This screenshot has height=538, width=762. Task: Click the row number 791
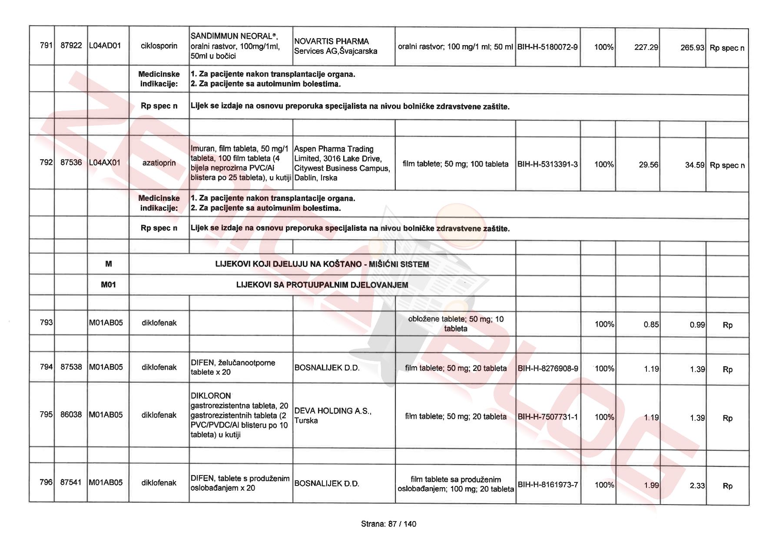tap(46, 46)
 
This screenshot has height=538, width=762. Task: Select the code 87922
tap(71, 46)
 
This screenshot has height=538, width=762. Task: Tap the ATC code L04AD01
tap(105, 46)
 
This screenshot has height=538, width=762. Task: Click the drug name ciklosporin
tap(159, 46)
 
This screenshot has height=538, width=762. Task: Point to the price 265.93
tap(692, 48)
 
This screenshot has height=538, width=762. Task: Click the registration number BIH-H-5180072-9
tap(547, 47)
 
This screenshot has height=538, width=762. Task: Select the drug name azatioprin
tap(159, 163)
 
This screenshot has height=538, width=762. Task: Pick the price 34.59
tap(694, 165)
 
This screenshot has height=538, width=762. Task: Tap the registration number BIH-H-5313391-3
tap(547, 164)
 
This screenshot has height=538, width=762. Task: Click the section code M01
tap(108, 285)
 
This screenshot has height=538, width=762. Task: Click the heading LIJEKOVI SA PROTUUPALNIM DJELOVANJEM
tap(322, 285)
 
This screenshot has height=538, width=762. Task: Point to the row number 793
tap(46, 322)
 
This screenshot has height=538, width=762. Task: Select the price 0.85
tap(651, 325)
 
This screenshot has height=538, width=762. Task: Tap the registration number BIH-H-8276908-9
tap(548, 369)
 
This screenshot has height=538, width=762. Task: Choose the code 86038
tap(71, 414)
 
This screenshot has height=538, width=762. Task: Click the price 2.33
tap(697, 486)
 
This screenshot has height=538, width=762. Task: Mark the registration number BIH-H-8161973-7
tap(548, 485)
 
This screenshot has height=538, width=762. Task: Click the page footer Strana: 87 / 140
tap(388, 524)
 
